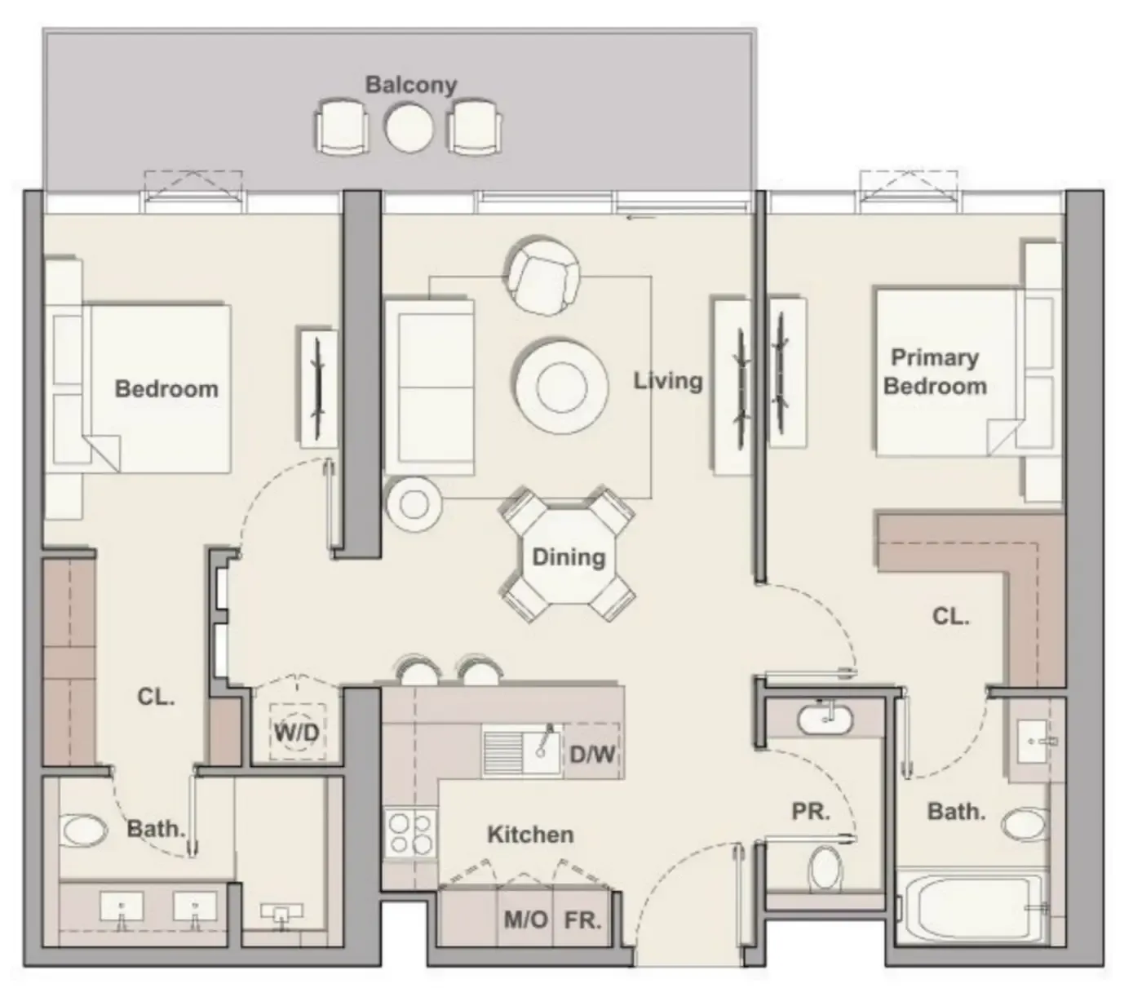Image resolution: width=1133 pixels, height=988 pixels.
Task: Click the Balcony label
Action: [x=410, y=84]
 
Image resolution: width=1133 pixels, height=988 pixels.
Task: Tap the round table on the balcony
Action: [x=409, y=128]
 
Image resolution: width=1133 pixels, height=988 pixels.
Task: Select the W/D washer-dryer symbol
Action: [x=296, y=732]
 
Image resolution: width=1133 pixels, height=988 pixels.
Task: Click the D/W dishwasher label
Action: [x=592, y=754]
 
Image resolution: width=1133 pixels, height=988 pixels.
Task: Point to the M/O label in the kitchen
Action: [x=525, y=920]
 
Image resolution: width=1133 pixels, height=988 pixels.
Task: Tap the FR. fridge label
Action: [x=582, y=920]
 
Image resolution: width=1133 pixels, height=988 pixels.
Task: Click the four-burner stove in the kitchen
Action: [x=409, y=833]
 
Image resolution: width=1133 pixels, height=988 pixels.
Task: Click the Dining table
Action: [x=569, y=558]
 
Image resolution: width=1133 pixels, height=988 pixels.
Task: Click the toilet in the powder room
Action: [x=825, y=869]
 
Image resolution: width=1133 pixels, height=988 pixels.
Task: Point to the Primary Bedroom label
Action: [x=935, y=371]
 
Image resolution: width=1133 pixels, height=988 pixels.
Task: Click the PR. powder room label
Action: [x=810, y=812]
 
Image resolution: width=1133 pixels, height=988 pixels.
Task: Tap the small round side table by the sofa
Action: [x=414, y=504]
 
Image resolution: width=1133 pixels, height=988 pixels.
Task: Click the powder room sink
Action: [x=825, y=719]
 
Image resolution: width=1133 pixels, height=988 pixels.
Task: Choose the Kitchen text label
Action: [x=530, y=835]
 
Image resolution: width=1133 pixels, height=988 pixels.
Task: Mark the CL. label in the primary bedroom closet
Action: [x=950, y=616]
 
